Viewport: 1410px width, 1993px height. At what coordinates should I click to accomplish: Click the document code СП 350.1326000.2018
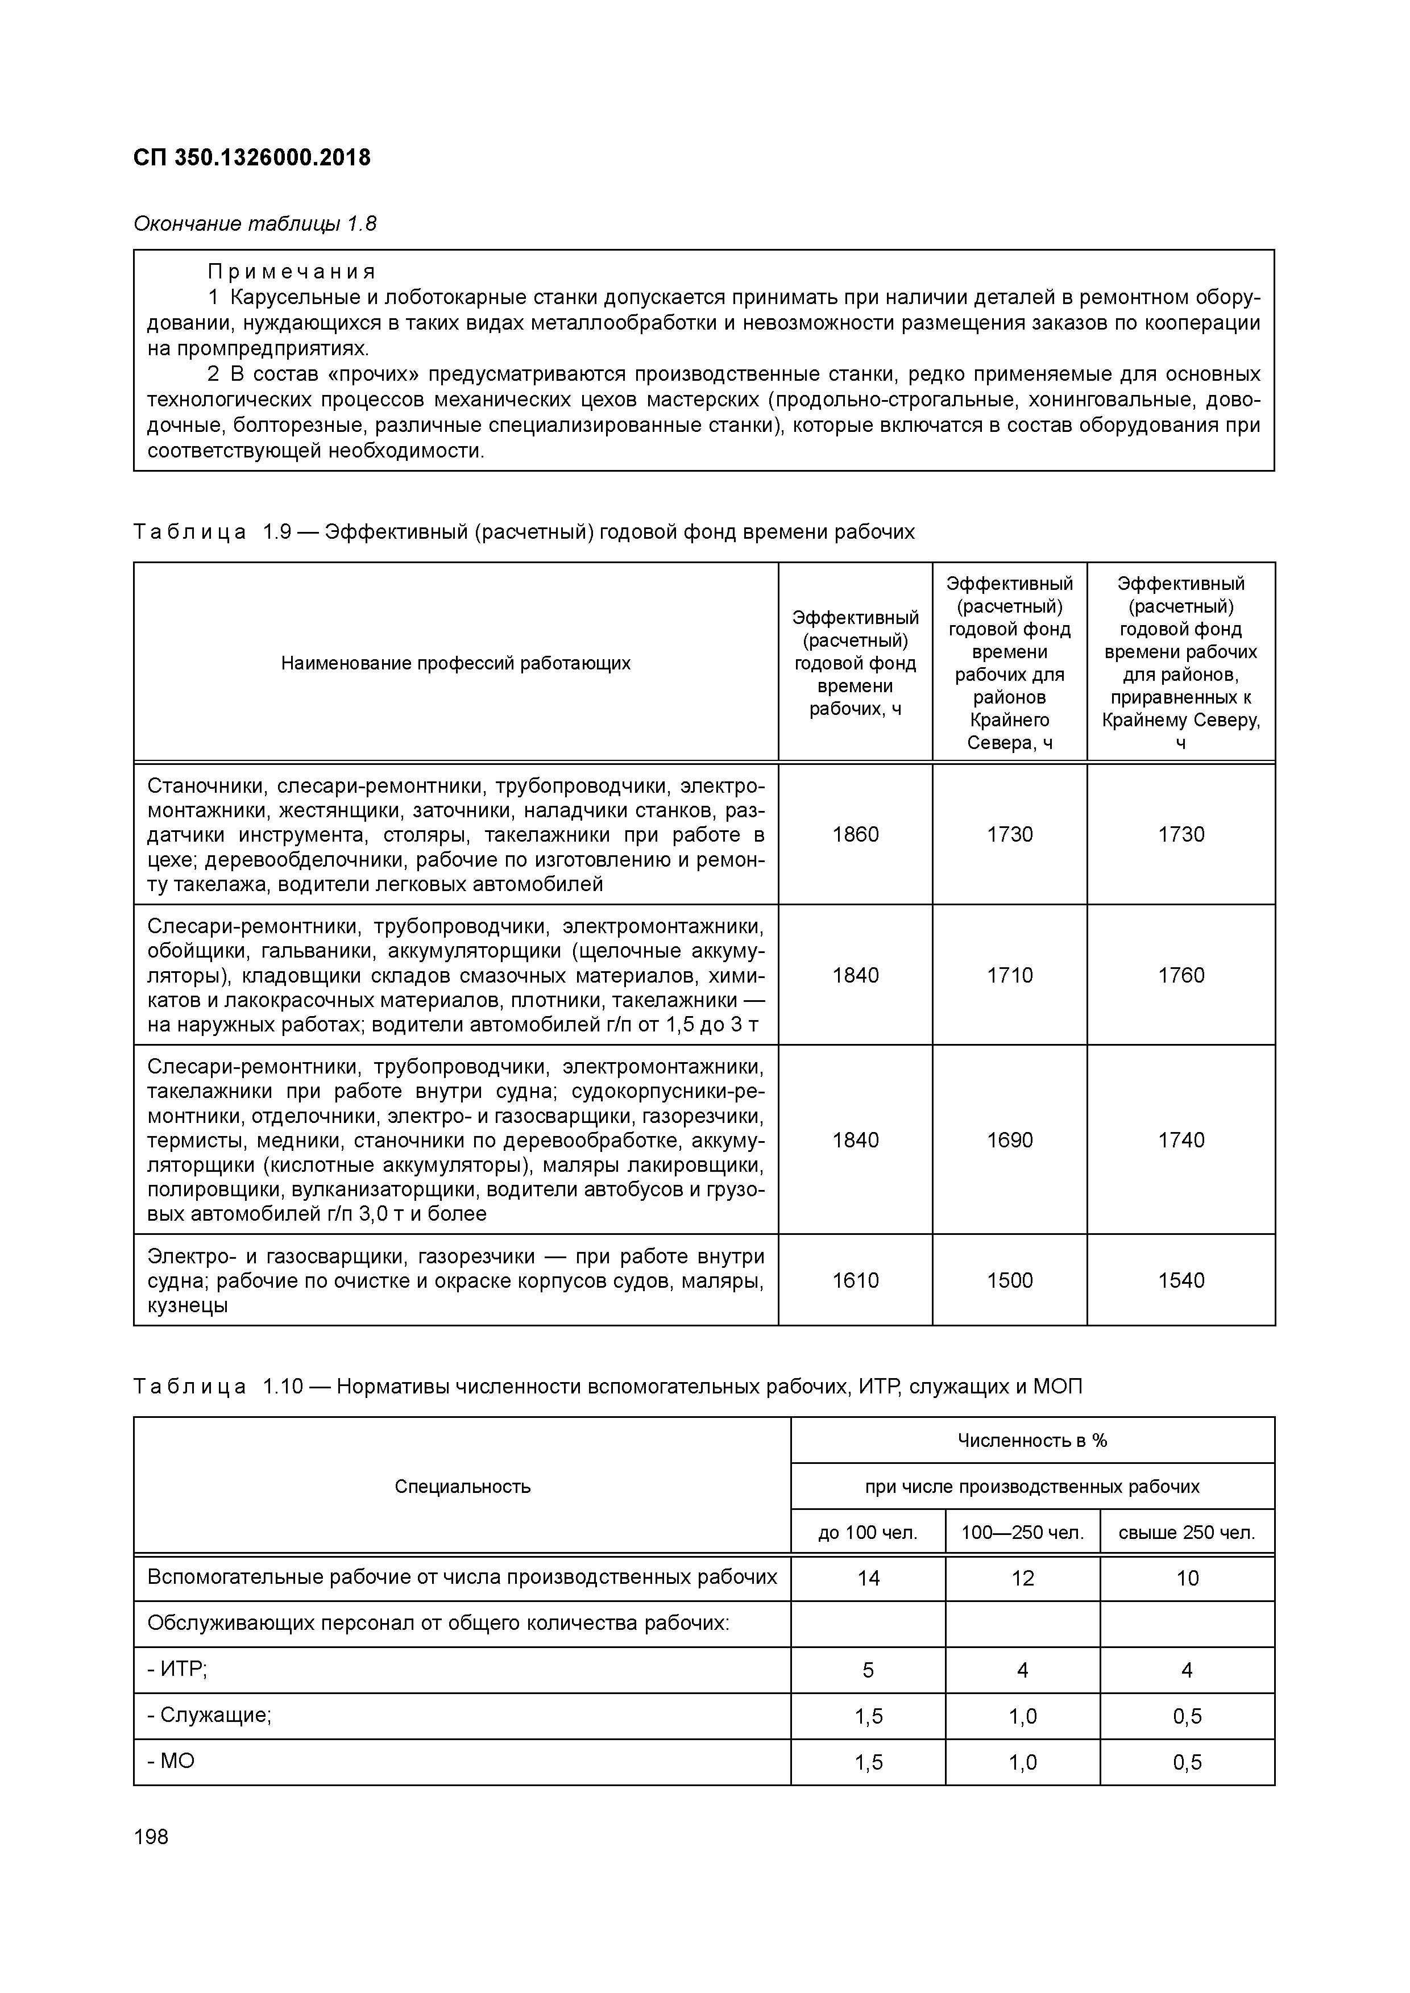tap(252, 158)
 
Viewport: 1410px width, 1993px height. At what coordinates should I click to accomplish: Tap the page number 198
tap(151, 1837)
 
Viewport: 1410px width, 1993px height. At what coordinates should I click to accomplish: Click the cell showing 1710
tap(1010, 975)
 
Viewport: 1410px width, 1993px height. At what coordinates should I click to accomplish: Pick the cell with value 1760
tap(1181, 975)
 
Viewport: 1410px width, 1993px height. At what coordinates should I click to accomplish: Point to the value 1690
tap(1010, 1140)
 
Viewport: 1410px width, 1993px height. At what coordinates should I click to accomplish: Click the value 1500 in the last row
tap(1010, 1280)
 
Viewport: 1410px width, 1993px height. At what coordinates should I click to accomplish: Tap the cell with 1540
tap(1181, 1280)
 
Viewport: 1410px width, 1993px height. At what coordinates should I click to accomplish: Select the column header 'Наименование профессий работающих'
tap(456, 663)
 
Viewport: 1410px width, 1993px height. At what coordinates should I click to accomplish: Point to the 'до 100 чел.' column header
tap(868, 1533)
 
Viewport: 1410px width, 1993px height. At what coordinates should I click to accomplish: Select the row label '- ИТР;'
tap(177, 1669)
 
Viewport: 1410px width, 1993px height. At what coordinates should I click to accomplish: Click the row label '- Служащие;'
tap(209, 1715)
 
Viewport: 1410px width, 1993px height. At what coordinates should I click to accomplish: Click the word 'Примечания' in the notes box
tap(291, 272)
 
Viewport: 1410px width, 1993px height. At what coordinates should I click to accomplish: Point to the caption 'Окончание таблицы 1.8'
tap(254, 224)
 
